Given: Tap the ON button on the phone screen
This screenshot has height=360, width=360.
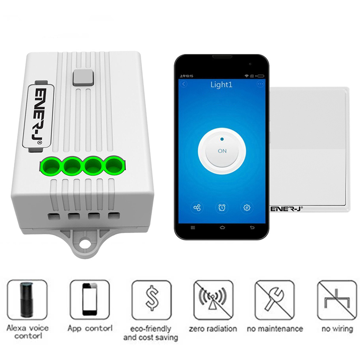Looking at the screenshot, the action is (222, 151).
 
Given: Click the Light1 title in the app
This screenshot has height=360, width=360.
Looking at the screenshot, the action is (221, 85).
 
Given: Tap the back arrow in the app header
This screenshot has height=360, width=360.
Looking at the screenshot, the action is (184, 84).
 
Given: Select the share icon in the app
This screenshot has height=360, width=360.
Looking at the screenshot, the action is (197, 208).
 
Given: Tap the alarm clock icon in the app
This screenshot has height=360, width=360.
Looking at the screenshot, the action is (222, 208).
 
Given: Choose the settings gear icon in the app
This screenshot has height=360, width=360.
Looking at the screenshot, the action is (247, 208).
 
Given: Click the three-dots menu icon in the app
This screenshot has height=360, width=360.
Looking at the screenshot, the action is (260, 84).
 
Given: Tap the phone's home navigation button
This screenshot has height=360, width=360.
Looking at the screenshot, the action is (222, 228).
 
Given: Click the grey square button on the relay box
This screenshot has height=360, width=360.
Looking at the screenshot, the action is (83, 78).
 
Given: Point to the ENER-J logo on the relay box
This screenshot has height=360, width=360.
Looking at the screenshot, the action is (38, 116).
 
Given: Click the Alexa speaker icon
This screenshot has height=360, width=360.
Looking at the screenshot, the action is (27, 300).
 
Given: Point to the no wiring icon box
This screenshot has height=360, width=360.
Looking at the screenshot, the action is (337, 300).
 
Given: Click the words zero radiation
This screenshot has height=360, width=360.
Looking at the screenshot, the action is (213, 329).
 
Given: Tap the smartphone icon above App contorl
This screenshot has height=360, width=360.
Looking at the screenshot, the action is (90, 300).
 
